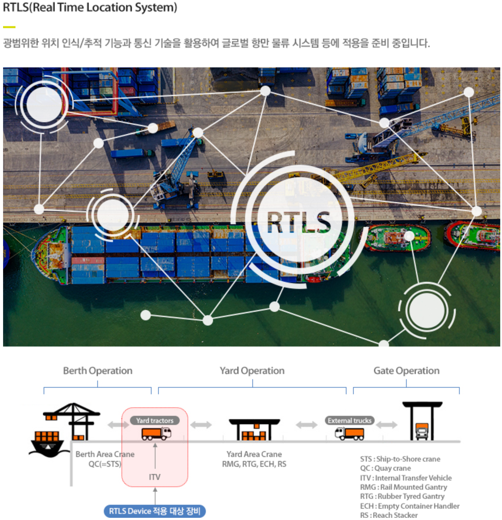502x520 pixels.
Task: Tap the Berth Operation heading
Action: point(98,370)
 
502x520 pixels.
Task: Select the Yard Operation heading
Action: point(252,370)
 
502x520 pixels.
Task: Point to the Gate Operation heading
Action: point(406,370)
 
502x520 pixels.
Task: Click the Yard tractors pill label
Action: point(155,421)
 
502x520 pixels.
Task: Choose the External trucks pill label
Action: point(349,421)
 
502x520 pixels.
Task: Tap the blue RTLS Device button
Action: point(155,511)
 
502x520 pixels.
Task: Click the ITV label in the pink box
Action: point(155,477)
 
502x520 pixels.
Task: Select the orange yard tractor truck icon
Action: point(156,433)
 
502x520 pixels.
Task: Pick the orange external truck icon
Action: point(349,433)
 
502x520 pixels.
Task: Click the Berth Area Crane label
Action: point(105,454)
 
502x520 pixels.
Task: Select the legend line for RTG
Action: point(402,496)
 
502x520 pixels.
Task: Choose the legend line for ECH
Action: point(410,506)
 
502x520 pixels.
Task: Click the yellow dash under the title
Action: point(9,27)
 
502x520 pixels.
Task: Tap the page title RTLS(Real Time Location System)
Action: point(90,8)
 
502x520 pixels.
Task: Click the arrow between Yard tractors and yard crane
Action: point(201,425)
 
